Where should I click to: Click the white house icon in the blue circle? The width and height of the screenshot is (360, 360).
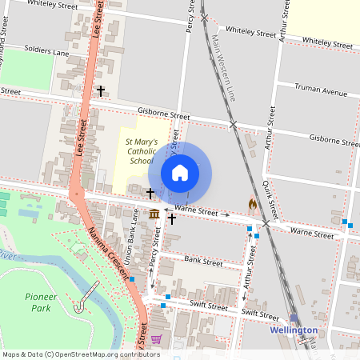(x=180, y=172)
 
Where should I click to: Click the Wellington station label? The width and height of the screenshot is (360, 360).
(x=294, y=330)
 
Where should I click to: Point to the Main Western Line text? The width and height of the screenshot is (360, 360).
(x=223, y=71)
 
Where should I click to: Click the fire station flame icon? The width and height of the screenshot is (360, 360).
(x=253, y=205)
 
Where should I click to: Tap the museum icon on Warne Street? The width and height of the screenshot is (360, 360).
(x=154, y=214)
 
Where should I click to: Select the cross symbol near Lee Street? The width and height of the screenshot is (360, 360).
(x=101, y=91)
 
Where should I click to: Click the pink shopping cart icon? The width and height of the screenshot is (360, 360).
(x=156, y=339)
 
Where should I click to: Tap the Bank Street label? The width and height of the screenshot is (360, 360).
(x=203, y=261)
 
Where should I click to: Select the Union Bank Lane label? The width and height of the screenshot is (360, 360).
(x=136, y=240)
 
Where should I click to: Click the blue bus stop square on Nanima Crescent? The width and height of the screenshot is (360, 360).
(x=130, y=279)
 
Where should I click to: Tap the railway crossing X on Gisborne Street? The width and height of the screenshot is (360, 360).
(x=233, y=125)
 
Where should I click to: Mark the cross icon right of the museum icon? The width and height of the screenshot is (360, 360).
(x=171, y=218)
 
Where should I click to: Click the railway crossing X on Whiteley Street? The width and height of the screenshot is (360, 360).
(x=205, y=17)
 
